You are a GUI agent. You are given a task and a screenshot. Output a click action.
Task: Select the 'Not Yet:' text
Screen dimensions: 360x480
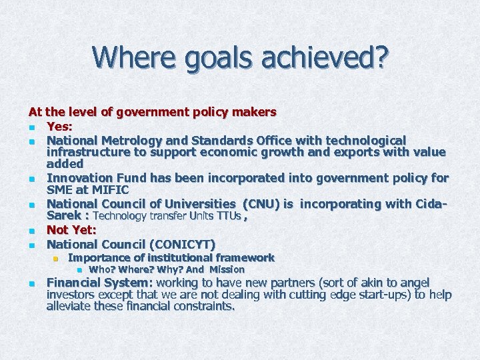coord(71,230)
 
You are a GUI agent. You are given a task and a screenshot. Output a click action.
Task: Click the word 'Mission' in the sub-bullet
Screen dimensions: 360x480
coord(227,270)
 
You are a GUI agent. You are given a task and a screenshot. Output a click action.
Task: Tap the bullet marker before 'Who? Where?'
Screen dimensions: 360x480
coord(79,270)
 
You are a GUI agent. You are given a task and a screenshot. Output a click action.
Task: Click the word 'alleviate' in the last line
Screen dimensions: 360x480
coord(71,307)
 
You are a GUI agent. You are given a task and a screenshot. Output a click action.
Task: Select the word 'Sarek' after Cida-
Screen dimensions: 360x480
coord(63,216)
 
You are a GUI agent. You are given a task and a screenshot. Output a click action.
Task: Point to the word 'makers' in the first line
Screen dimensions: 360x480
coord(253,112)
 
